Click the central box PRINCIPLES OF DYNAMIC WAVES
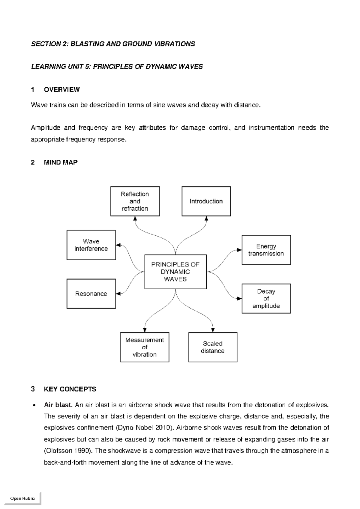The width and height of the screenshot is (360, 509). (x=175, y=272)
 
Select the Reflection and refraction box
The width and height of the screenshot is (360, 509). (x=135, y=201)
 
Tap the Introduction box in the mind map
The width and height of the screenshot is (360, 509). (x=206, y=201)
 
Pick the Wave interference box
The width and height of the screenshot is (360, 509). (x=91, y=245)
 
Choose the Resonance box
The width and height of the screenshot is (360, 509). (x=91, y=294)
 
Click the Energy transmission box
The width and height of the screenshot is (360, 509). (x=266, y=250)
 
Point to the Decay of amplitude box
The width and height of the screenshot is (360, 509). (x=266, y=298)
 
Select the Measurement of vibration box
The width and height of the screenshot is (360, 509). (x=145, y=347)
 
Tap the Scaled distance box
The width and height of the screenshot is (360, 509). (x=213, y=347)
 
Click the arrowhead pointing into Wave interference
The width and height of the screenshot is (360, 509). (x=118, y=245)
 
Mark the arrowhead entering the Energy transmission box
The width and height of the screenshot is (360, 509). (x=239, y=250)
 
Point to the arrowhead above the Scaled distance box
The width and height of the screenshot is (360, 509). (x=213, y=330)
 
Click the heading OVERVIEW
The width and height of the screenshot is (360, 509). (x=61, y=89)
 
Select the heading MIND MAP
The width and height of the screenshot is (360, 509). (x=61, y=162)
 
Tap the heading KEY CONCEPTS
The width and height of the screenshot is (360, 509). (x=70, y=389)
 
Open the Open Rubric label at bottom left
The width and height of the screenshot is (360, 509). (x=22, y=498)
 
